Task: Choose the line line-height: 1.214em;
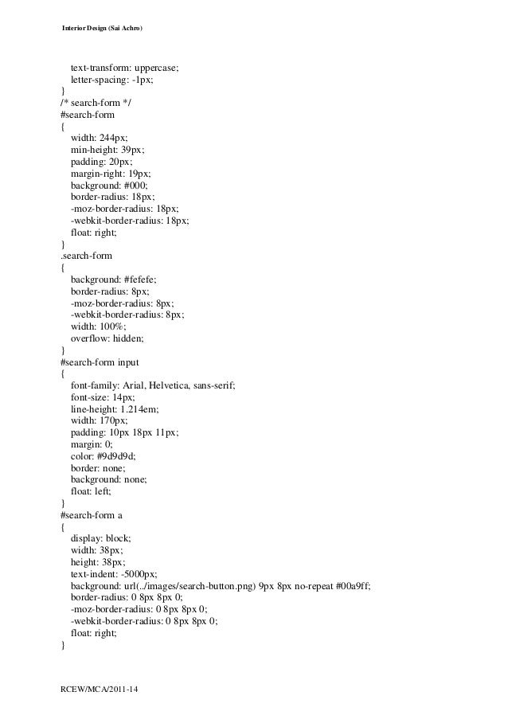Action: click(x=115, y=408)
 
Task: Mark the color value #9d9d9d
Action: click(x=117, y=455)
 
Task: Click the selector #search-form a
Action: click(x=91, y=515)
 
